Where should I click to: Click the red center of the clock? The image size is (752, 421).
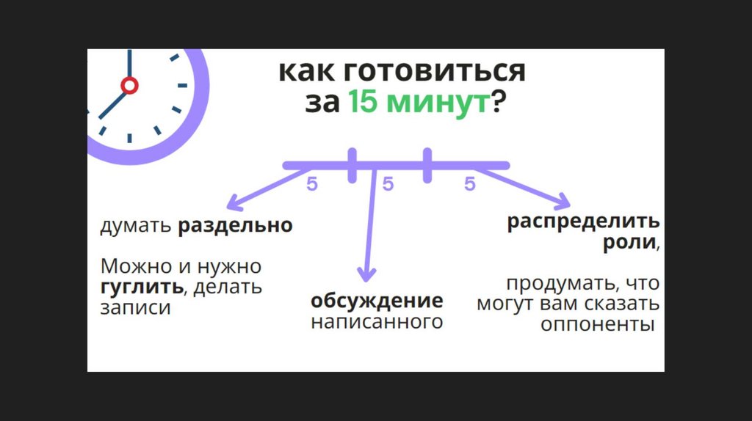click(x=129, y=86)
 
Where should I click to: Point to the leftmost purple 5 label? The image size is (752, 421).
click(x=312, y=185)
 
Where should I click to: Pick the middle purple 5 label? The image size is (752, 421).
click(x=388, y=185)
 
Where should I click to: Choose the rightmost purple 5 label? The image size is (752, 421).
click(x=470, y=185)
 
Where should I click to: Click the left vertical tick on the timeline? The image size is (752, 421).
click(x=352, y=165)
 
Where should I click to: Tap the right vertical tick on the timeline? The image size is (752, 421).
click(x=427, y=165)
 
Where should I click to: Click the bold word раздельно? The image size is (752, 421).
click(x=235, y=225)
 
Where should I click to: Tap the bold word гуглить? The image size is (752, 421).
click(x=141, y=286)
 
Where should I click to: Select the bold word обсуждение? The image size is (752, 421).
click(x=377, y=301)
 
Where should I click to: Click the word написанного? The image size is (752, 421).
click(x=377, y=321)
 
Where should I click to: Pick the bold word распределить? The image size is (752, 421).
click(x=583, y=222)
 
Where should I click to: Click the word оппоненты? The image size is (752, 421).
click(x=597, y=324)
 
